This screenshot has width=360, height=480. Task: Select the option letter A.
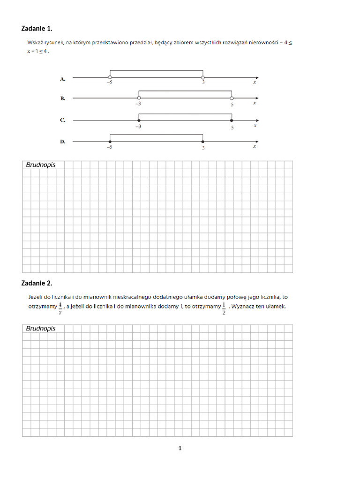63,79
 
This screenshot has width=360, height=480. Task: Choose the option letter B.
63,99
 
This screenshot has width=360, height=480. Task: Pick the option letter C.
63,120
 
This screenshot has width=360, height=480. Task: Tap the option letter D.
63,142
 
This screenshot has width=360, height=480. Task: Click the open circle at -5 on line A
110,77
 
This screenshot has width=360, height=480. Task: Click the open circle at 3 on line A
202,77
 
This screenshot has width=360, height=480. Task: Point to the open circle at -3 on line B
138,98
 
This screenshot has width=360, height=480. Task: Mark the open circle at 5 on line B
232,98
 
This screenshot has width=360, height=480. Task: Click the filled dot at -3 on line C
138,120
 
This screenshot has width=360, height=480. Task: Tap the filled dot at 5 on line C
232,120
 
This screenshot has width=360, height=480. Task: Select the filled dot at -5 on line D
110,141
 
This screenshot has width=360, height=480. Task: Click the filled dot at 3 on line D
202,141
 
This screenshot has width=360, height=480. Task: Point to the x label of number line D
255,146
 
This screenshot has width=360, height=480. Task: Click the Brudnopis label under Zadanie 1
41,165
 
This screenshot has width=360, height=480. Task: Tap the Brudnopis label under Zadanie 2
41,329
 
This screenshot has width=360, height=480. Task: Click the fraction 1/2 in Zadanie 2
224,309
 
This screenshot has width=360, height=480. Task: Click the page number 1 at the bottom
180,449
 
